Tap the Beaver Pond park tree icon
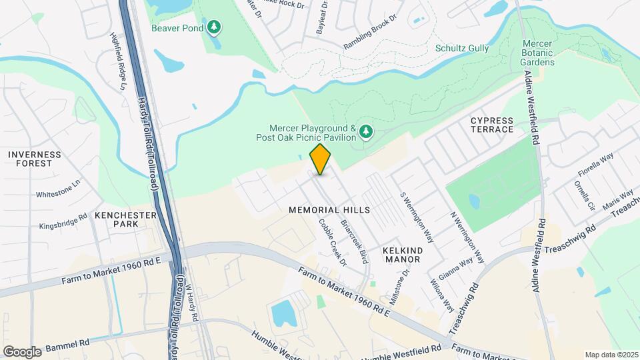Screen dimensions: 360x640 (x=214, y=27)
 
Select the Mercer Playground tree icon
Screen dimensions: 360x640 (x=365, y=132)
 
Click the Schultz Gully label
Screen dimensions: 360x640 (x=462, y=48)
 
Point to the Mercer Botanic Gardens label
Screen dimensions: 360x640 (x=537, y=57)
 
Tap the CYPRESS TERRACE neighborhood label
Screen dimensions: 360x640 (x=492, y=125)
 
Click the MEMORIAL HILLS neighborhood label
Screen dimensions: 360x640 (x=329, y=209)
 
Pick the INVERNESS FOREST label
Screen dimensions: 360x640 (x=35, y=159)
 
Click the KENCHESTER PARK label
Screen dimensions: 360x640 (x=125, y=219)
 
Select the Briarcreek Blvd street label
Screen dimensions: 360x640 (x=355, y=241)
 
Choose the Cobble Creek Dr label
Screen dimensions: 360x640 (x=333, y=243)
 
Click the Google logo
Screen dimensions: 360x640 (x=22, y=351)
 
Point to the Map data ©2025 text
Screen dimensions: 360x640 (x=611, y=355)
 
